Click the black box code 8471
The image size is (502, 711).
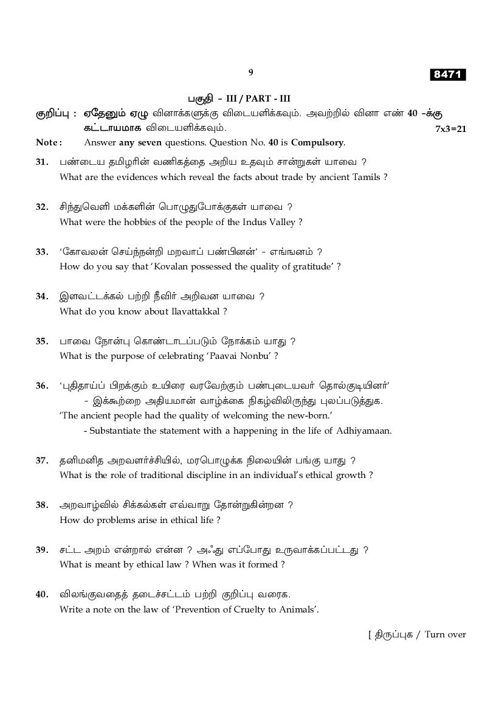(x=448, y=75)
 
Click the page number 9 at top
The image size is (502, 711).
(x=250, y=72)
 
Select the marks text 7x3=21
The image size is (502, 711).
(x=450, y=129)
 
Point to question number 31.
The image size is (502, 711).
(x=42, y=162)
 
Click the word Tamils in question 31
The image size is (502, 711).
(x=367, y=177)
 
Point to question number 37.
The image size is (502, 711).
(x=42, y=461)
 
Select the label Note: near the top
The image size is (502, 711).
(x=49, y=143)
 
